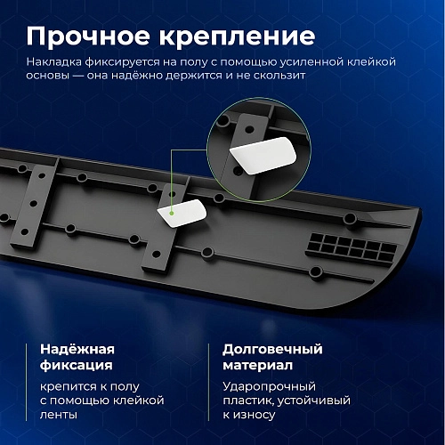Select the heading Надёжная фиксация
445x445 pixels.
coord(77,356)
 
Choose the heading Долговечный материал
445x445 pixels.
coord(272,356)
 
